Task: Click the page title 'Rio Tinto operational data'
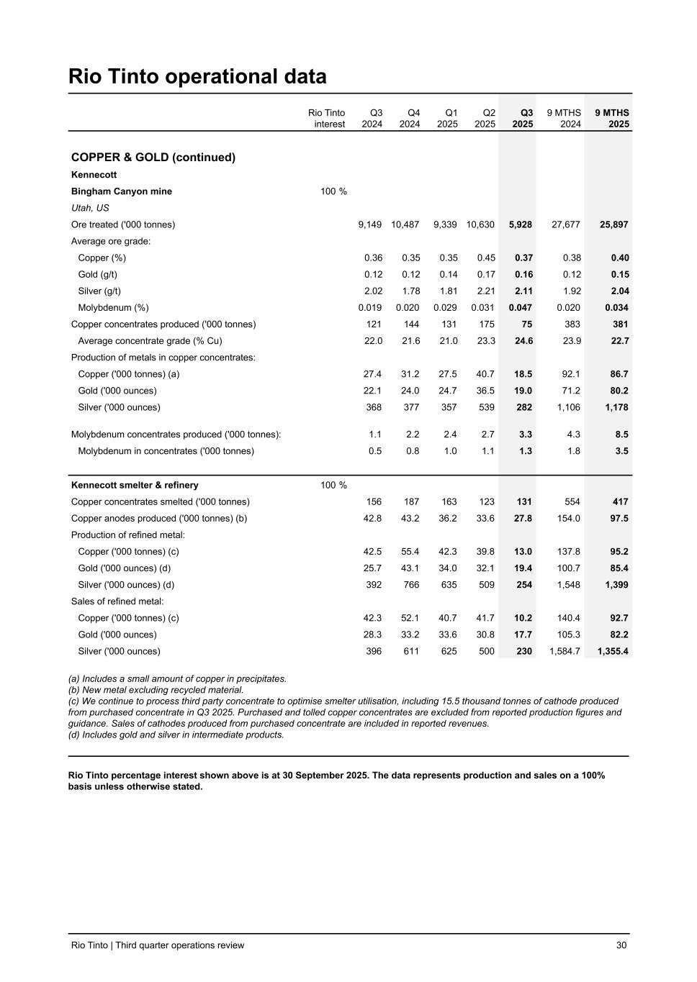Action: [x=197, y=76]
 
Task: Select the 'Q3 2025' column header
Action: [x=523, y=119]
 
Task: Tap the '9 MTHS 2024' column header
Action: [x=564, y=119]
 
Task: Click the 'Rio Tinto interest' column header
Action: [x=327, y=119]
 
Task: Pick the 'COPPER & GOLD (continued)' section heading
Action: [x=153, y=157]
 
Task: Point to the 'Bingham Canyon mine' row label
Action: [x=122, y=191]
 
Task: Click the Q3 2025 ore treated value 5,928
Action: [x=520, y=224]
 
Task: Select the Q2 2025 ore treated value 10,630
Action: [x=480, y=224]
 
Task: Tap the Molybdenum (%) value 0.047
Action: [x=520, y=307]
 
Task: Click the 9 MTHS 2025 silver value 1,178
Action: [x=615, y=407]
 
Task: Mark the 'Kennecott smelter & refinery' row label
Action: [x=135, y=485]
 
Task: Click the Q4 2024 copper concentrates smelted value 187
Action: [x=411, y=502]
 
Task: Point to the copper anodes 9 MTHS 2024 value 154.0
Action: [x=569, y=519]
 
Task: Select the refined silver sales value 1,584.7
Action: [x=565, y=651]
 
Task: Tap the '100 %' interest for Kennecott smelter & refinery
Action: [x=333, y=485]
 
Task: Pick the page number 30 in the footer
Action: [x=621, y=945]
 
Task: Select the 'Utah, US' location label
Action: [x=90, y=208]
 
